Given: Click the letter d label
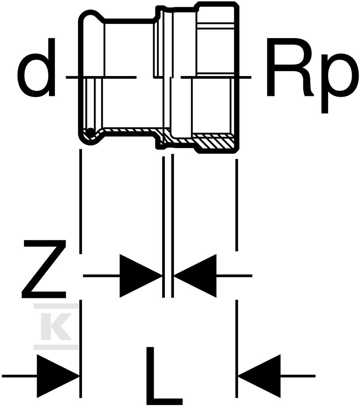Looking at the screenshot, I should point(37,76).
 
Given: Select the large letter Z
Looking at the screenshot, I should point(44,269).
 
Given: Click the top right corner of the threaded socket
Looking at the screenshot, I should point(236,5).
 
